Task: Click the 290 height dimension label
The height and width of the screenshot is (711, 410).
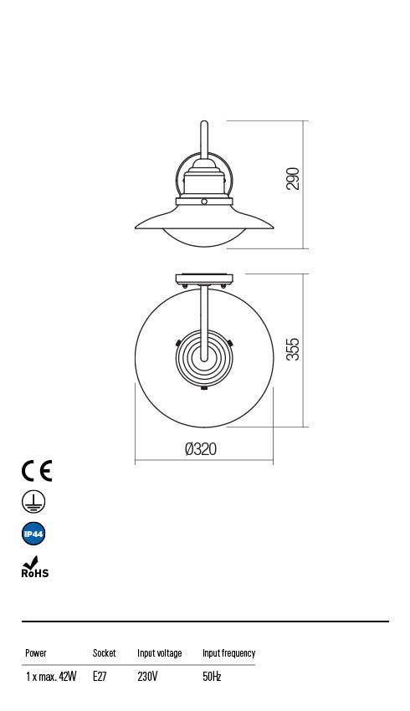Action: [293, 179]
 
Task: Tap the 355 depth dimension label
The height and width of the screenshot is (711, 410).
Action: [293, 350]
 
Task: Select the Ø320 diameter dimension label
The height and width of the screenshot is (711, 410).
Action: [201, 449]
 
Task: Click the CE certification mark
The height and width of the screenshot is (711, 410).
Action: [37, 471]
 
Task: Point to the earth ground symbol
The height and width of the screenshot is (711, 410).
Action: [33, 502]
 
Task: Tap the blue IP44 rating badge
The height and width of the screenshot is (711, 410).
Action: [33, 534]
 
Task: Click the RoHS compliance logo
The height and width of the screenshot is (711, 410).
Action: [34, 568]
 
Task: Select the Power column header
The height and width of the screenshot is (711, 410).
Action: [36, 653]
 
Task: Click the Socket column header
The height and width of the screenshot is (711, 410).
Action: [105, 653]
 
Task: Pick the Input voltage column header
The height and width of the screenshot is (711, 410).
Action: [159, 653]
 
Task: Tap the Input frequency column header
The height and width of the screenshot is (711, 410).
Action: [228, 653]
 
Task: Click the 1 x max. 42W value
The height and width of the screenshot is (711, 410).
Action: [50, 677]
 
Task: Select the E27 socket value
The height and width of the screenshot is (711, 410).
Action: [100, 677]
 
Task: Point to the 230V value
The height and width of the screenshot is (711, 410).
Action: [147, 677]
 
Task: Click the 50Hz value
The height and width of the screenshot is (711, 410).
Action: [212, 677]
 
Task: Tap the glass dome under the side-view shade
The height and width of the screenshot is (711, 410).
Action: [204, 238]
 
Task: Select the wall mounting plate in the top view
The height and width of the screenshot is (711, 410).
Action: [204, 279]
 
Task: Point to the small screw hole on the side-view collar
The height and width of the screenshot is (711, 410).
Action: [204, 202]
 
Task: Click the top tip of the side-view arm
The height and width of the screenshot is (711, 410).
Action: [204, 124]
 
